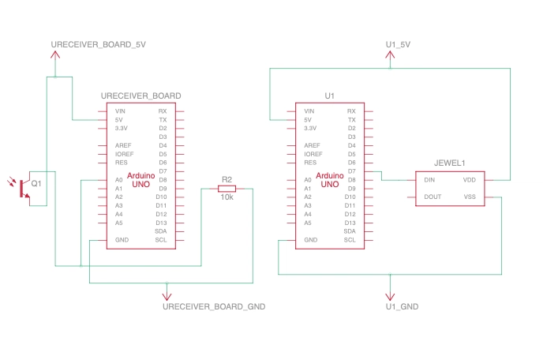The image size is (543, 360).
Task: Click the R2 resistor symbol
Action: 227,189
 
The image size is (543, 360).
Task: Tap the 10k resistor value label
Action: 227,198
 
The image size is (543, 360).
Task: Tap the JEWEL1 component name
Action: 449,163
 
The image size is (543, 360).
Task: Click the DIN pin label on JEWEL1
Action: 429,180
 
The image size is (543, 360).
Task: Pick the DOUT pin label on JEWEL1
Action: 432,197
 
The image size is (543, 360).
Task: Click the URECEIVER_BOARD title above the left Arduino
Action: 141,96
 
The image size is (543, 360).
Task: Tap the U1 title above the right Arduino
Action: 330,96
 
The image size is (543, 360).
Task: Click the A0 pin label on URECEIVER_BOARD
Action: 119,180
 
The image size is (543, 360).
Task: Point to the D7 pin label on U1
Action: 352,171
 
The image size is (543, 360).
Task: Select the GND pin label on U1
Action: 311,240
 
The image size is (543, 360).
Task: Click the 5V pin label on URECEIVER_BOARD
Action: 119,120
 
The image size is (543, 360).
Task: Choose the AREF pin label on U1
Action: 312,146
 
